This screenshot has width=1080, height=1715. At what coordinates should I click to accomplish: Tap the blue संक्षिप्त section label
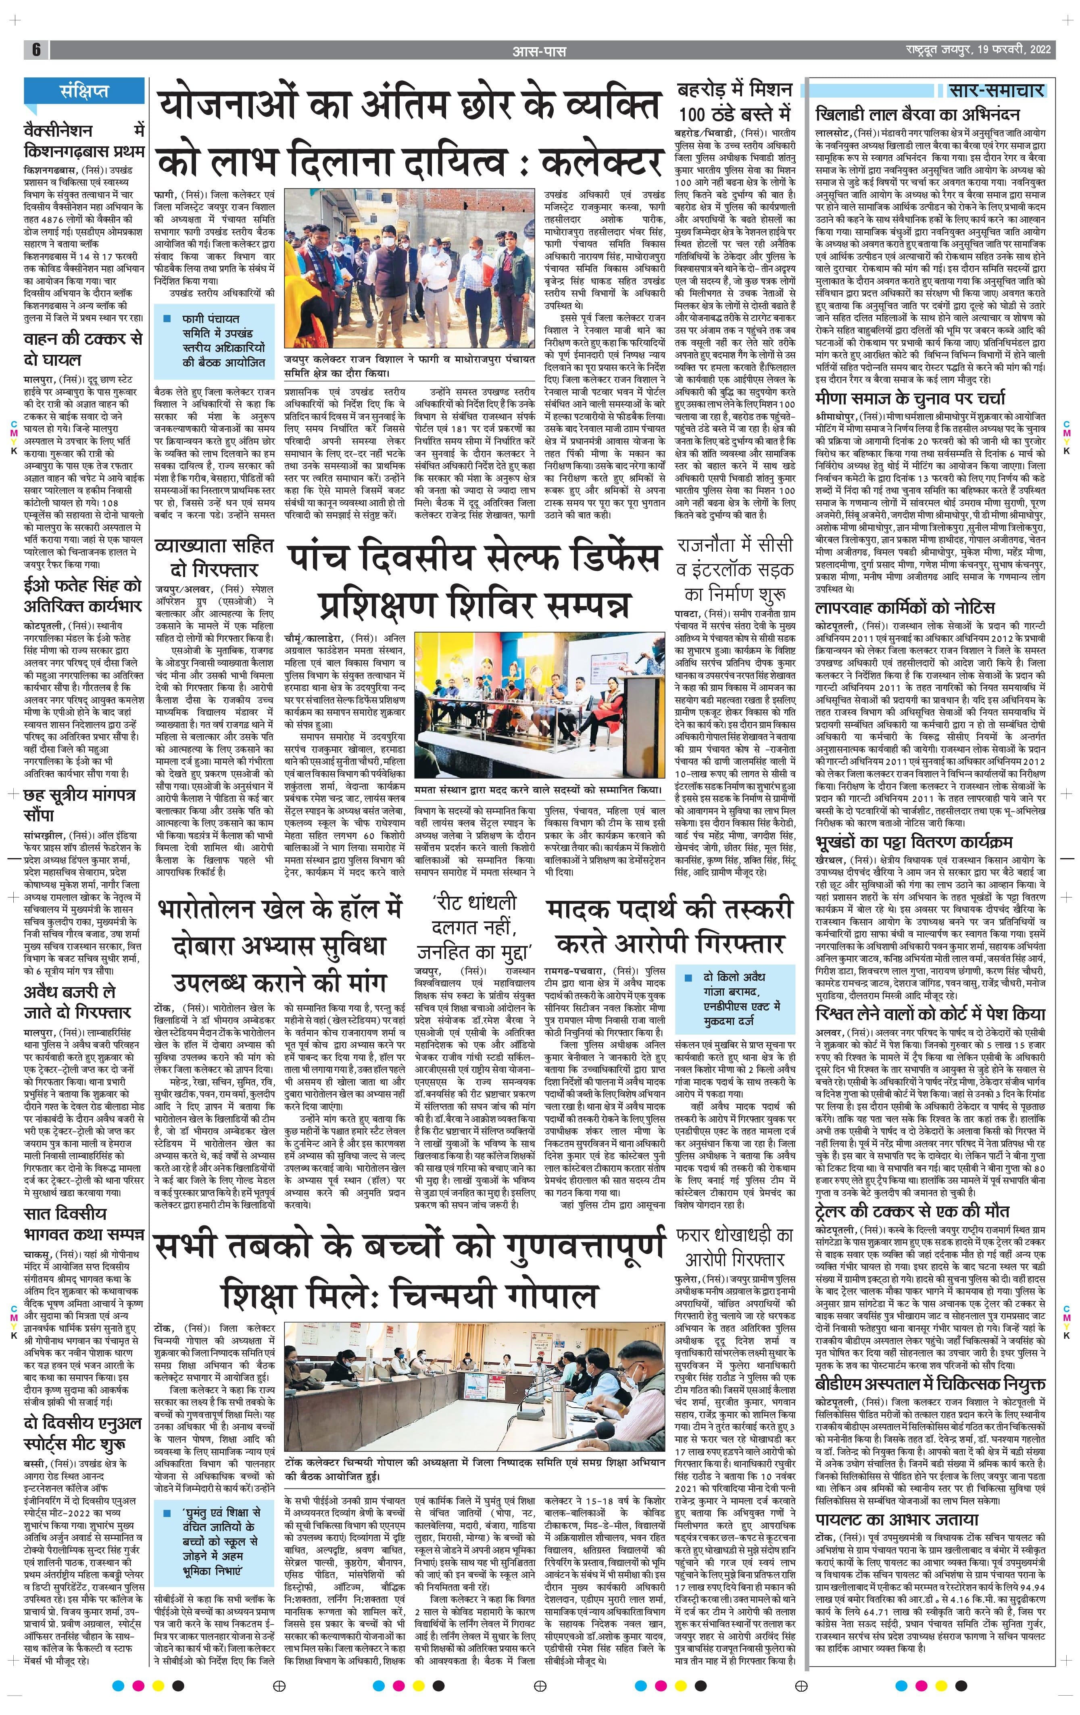[x=84, y=91]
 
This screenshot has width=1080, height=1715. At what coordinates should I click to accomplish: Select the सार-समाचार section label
[x=997, y=90]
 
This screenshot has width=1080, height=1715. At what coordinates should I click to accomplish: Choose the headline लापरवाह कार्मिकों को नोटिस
[x=905, y=608]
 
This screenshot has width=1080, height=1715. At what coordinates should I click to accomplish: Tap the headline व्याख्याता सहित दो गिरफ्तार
[x=214, y=558]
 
